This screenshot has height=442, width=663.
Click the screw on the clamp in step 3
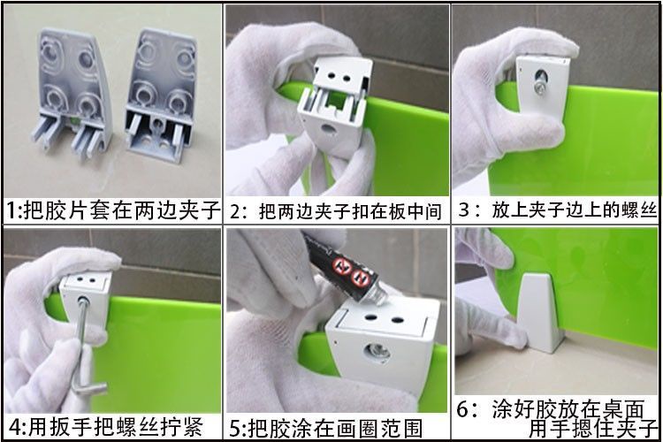click(x=537, y=88)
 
